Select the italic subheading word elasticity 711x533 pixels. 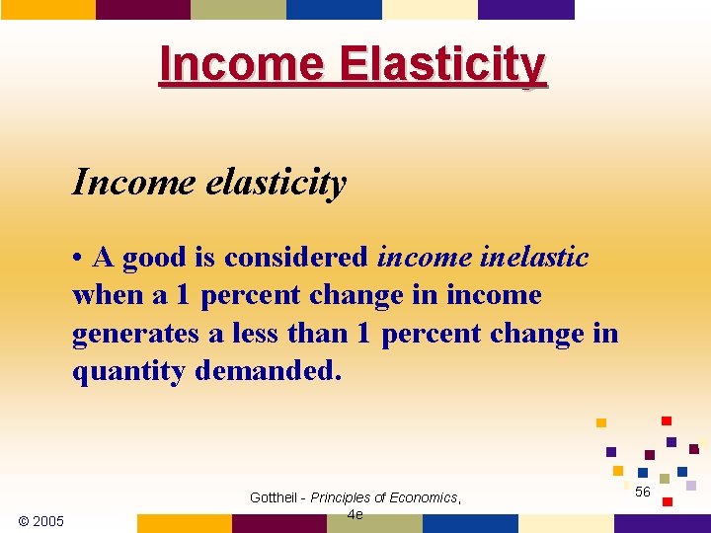pos(285,182)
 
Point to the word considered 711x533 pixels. pos(296,258)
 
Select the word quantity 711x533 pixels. pos(128,372)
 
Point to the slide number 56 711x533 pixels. pos(643,492)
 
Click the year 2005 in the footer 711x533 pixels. pos(48,521)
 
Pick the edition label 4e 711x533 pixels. pos(355,514)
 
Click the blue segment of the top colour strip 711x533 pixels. pos(334,9)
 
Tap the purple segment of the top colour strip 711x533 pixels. pos(525,9)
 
